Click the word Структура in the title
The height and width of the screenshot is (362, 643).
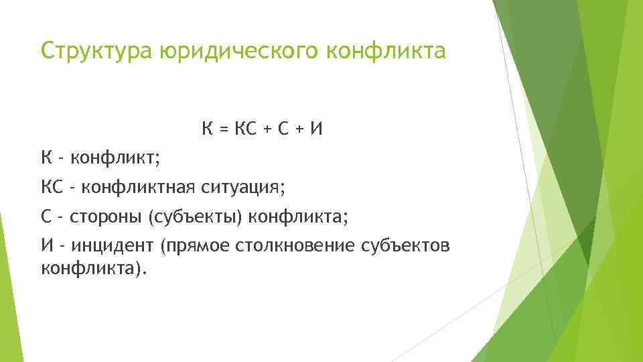(97, 51)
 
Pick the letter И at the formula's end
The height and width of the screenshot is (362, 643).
(315, 127)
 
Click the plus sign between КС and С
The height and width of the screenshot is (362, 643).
(270, 127)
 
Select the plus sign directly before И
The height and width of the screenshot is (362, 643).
(300, 127)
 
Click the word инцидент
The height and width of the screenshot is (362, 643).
(112, 246)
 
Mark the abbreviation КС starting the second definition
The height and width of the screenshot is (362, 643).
(52, 187)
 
